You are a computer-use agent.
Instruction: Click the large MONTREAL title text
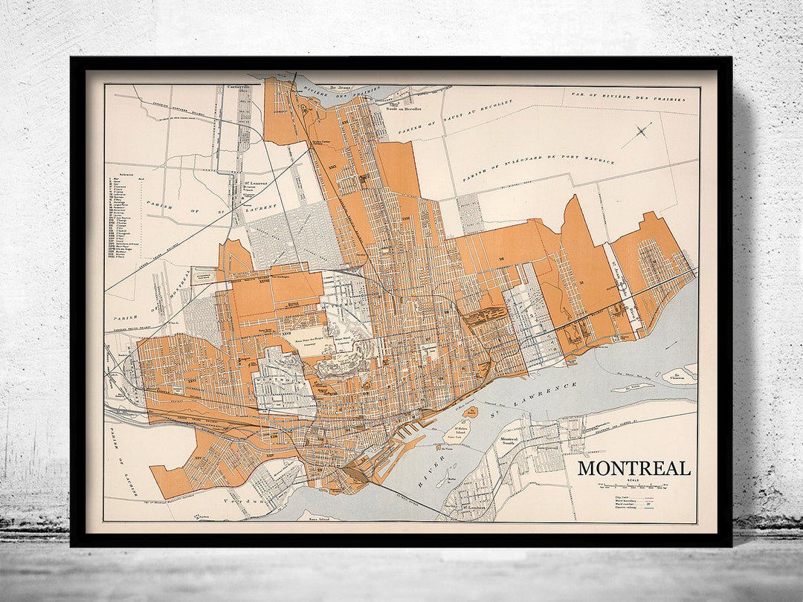[634, 469]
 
